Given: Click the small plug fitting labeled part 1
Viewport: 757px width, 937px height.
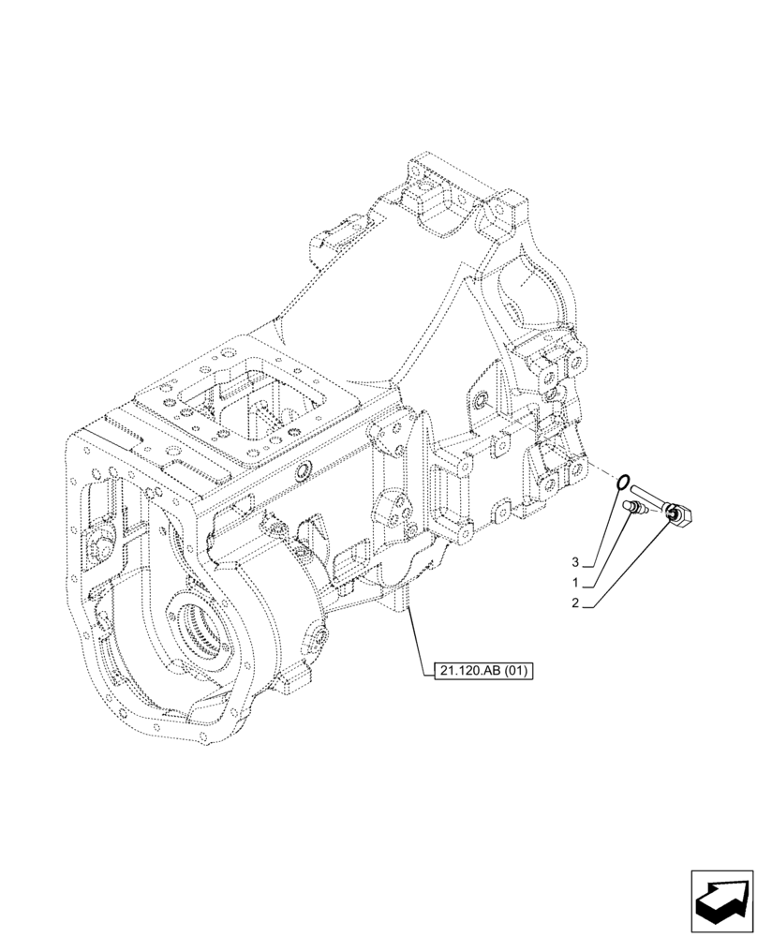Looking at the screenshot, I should [x=636, y=509].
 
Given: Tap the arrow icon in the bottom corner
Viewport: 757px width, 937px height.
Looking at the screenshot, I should [x=721, y=900].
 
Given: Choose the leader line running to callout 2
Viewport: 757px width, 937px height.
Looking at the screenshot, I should [x=628, y=562].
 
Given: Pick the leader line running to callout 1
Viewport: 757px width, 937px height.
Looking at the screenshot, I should [x=609, y=548].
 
